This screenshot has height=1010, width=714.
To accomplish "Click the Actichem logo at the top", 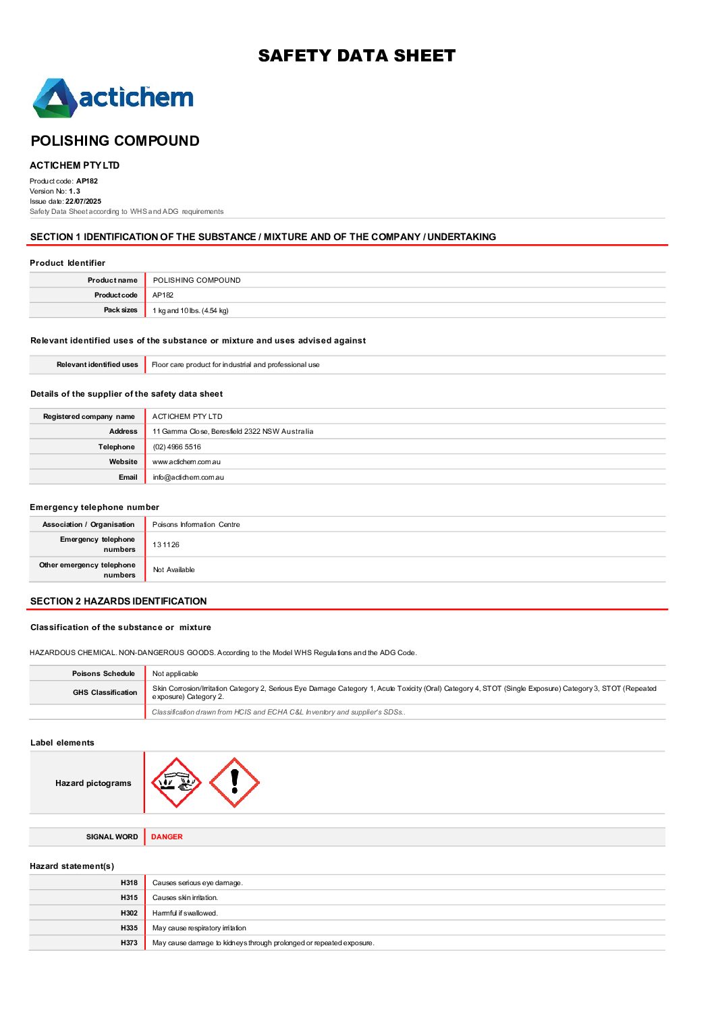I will tap(113, 98).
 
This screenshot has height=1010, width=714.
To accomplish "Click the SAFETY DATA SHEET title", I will tap(356, 56).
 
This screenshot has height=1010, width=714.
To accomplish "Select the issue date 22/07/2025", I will tap(83, 201).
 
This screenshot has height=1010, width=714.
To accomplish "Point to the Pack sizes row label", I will tap(120, 310).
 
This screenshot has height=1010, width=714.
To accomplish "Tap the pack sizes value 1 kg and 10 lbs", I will tap(190, 311).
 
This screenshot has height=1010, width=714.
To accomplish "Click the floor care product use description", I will tap(236, 365).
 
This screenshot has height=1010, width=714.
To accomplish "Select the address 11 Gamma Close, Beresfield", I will tap(233, 432).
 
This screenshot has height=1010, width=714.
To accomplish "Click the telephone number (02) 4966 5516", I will tap(177, 447).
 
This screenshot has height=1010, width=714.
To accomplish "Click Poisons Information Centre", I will tap(196, 525).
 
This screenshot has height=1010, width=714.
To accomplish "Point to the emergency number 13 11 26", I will tap(166, 545).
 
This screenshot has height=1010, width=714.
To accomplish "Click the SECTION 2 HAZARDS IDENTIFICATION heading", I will tap(119, 601).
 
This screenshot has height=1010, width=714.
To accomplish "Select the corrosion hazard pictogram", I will tap(176, 783).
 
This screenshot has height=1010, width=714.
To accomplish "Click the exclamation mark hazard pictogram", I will tap(234, 783).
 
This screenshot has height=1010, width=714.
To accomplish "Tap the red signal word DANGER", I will tap(167, 837).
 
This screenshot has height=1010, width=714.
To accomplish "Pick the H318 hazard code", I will tap(129, 883).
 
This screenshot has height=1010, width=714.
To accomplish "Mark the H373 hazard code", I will tap(129, 943).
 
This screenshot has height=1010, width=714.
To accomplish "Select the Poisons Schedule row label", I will tap(103, 674).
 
